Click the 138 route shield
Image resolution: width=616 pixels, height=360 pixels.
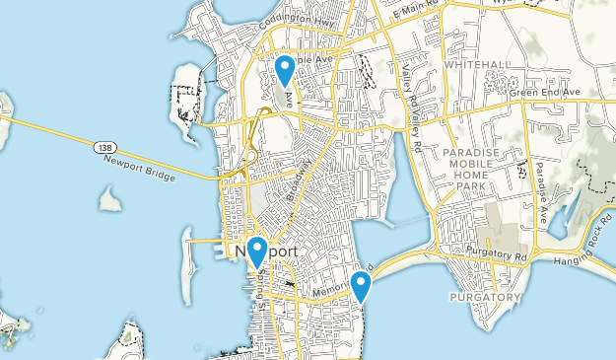(104, 147)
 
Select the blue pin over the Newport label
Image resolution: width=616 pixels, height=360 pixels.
(257, 253)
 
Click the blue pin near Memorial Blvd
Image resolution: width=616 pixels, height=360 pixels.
(361, 286)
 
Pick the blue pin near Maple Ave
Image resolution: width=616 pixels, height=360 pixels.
(284, 71)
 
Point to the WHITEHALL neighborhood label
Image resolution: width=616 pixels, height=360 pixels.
(477, 64)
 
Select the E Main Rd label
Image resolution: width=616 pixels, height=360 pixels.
(415, 13)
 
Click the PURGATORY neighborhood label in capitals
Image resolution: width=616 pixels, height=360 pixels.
(484, 297)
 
